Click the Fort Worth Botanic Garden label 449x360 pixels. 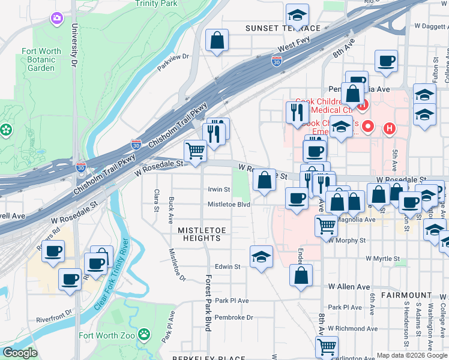(41, 59)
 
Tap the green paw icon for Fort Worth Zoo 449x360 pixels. (144, 333)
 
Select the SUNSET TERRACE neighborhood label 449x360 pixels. (283, 28)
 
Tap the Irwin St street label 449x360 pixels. (219, 190)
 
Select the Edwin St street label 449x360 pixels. (228, 266)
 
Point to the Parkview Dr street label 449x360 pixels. (173, 57)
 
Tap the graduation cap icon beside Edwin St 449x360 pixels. (261, 257)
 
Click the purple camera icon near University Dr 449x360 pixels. (57, 19)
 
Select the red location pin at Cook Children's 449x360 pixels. (367, 127)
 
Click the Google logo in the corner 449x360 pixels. (20, 353)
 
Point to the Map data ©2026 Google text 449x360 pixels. (411, 355)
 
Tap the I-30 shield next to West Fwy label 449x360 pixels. (276, 61)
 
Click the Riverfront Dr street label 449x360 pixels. (54, 311)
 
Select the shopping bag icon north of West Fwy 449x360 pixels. (217, 40)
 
